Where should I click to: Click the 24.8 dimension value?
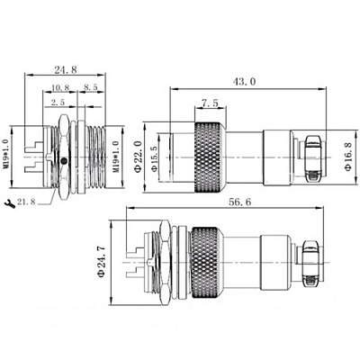66,69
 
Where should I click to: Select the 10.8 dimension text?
60,87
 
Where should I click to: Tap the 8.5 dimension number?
90,87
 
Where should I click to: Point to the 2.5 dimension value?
58,103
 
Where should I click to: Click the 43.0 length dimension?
245,81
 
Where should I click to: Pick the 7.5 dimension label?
210,103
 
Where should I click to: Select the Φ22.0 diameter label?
138,157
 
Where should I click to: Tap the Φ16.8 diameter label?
348,157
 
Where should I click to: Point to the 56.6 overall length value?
240,202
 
